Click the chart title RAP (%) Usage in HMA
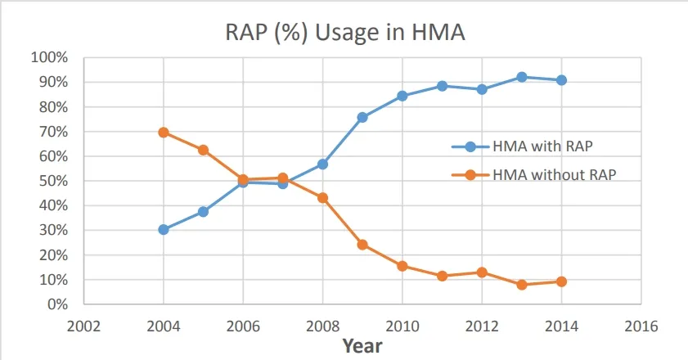click(x=344, y=34)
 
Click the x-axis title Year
click(x=362, y=345)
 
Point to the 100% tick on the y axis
click(x=48, y=58)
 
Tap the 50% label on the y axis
click(x=52, y=181)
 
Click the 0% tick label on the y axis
click(x=56, y=304)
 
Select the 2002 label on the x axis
click(x=84, y=325)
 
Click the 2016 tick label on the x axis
click(x=641, y=325)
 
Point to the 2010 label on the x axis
click(x=402, y=325)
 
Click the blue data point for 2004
click(x=164, y=230)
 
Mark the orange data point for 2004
click(x=164, y=133)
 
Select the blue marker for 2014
click(x=561, y=80)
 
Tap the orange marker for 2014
click(x=561, y=281)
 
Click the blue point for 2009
click(x=362, y=117)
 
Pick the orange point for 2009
click(x=362, y=245)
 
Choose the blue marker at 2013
click(x=521, y=77)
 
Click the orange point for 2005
click(x=203, y=150)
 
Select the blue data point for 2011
click(x=442, y=86)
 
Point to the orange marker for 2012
click(x=482, y=272)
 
